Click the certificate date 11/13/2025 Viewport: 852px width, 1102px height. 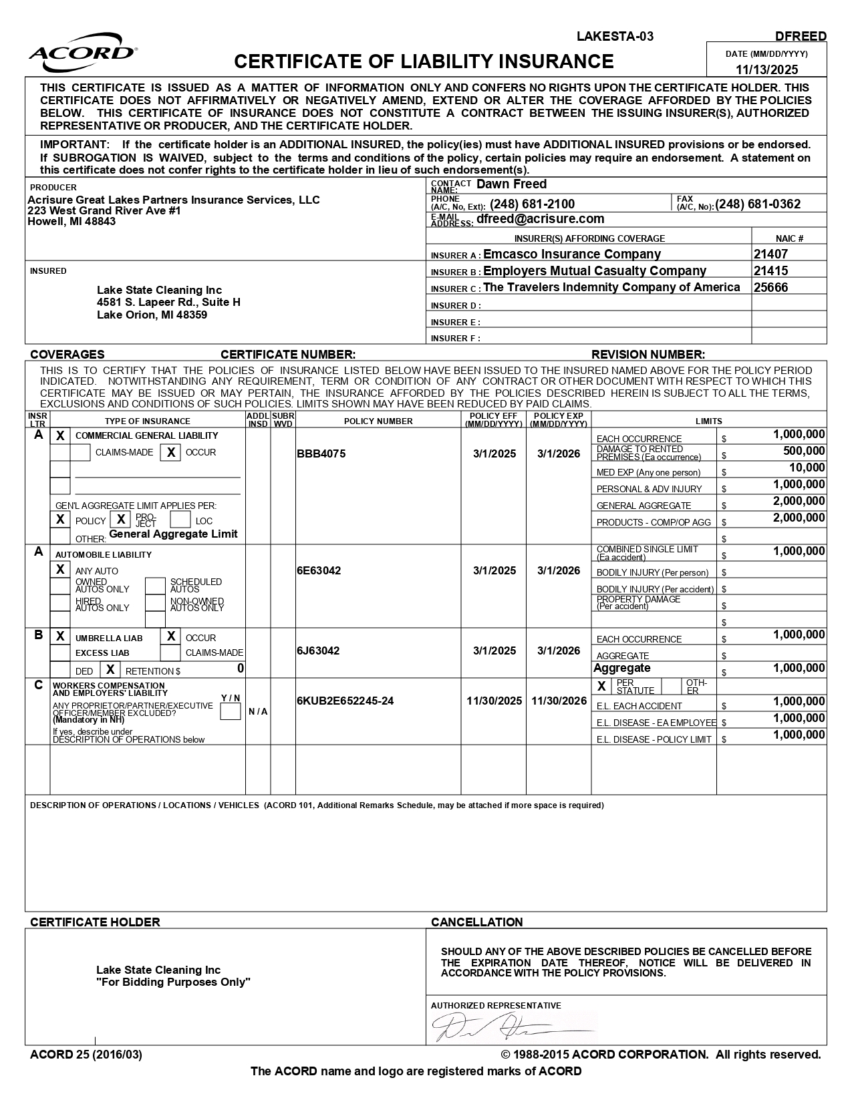coord(766,69)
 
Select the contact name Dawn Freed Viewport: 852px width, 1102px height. coord(511,184)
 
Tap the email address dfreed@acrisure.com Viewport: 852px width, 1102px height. coord(540,219)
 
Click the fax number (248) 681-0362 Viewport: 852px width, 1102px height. coord(758,204)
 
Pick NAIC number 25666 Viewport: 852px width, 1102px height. coord(770,288)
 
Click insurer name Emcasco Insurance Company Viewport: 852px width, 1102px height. coord(572,254)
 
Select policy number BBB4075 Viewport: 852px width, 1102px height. coord(321,454)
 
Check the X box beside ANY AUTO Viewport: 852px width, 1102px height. coord(60,570)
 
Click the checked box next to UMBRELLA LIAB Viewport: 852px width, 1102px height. coord(60,636)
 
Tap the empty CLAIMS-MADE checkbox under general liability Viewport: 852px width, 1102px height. coord(80,453)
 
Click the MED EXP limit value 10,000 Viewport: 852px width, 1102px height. coord(807,468)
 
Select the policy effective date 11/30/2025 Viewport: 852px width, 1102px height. coord(494,701)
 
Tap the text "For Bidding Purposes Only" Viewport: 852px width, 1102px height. coord(173,982)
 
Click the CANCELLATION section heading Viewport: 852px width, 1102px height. coord(476,922)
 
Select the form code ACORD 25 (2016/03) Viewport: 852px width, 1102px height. coord(86,1055)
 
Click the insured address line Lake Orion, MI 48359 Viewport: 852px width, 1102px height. coord(152,315)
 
